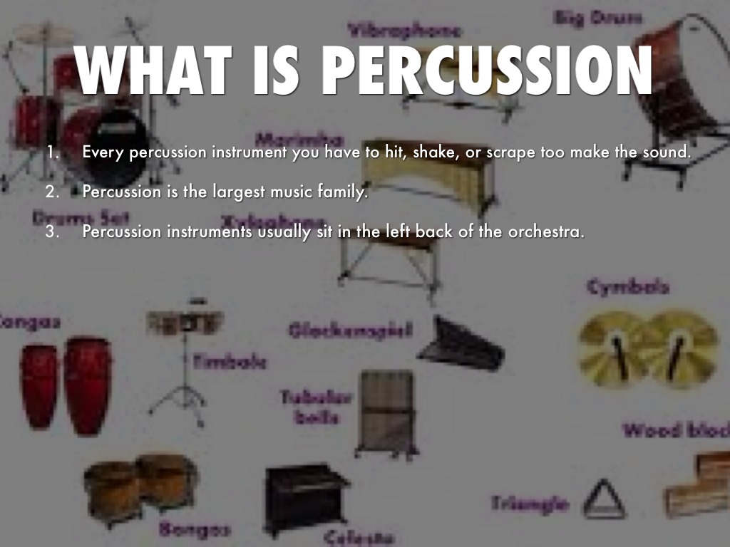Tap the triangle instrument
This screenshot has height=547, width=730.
(603, 499)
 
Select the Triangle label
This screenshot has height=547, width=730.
(530, 504)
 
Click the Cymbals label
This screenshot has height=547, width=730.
(628, 287)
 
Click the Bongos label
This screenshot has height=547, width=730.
(195, 529)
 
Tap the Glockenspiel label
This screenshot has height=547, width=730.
(350, 330)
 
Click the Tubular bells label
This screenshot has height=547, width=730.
(316, 406)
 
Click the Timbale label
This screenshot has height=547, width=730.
(230, 362)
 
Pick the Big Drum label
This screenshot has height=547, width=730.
(597, 17)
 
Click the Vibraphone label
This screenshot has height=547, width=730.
(404, 30)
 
